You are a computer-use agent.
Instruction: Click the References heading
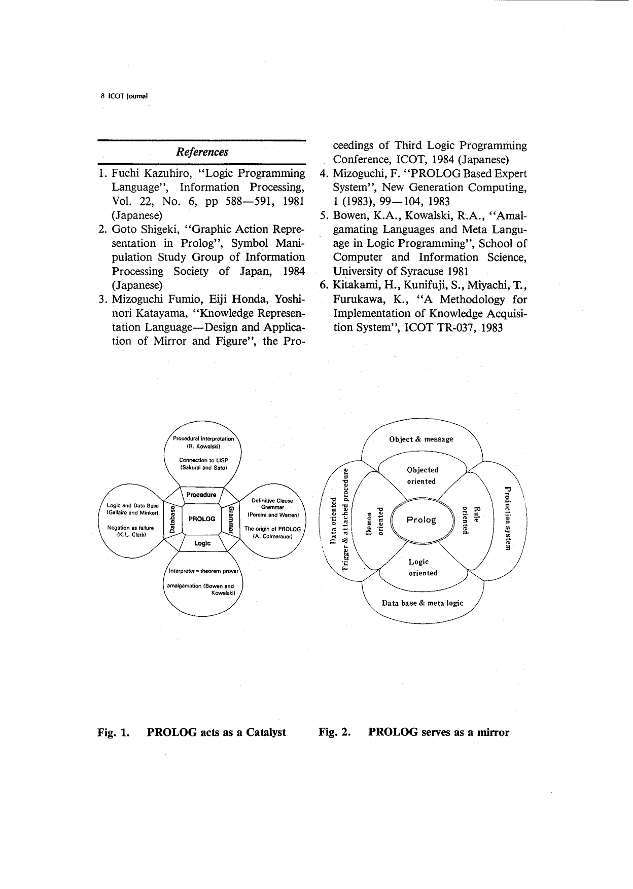(201, 152)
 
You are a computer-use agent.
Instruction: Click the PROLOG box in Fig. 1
(202, 519)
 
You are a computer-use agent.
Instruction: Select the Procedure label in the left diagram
(201, 495)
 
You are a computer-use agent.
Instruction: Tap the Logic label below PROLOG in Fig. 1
(202, 543)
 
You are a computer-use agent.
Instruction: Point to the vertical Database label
(172, 519)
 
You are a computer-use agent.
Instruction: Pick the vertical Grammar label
(231, 519)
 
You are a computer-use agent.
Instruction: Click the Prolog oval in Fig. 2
(421, 520)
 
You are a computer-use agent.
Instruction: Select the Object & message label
(421, 439)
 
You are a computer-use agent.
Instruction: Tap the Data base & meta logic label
(422, 603)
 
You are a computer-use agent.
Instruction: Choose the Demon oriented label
(375, 520)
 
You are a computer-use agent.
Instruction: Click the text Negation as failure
(130, 528)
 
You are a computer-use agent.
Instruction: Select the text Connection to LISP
(203, 460)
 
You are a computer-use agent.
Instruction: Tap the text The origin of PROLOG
(272, 529)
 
